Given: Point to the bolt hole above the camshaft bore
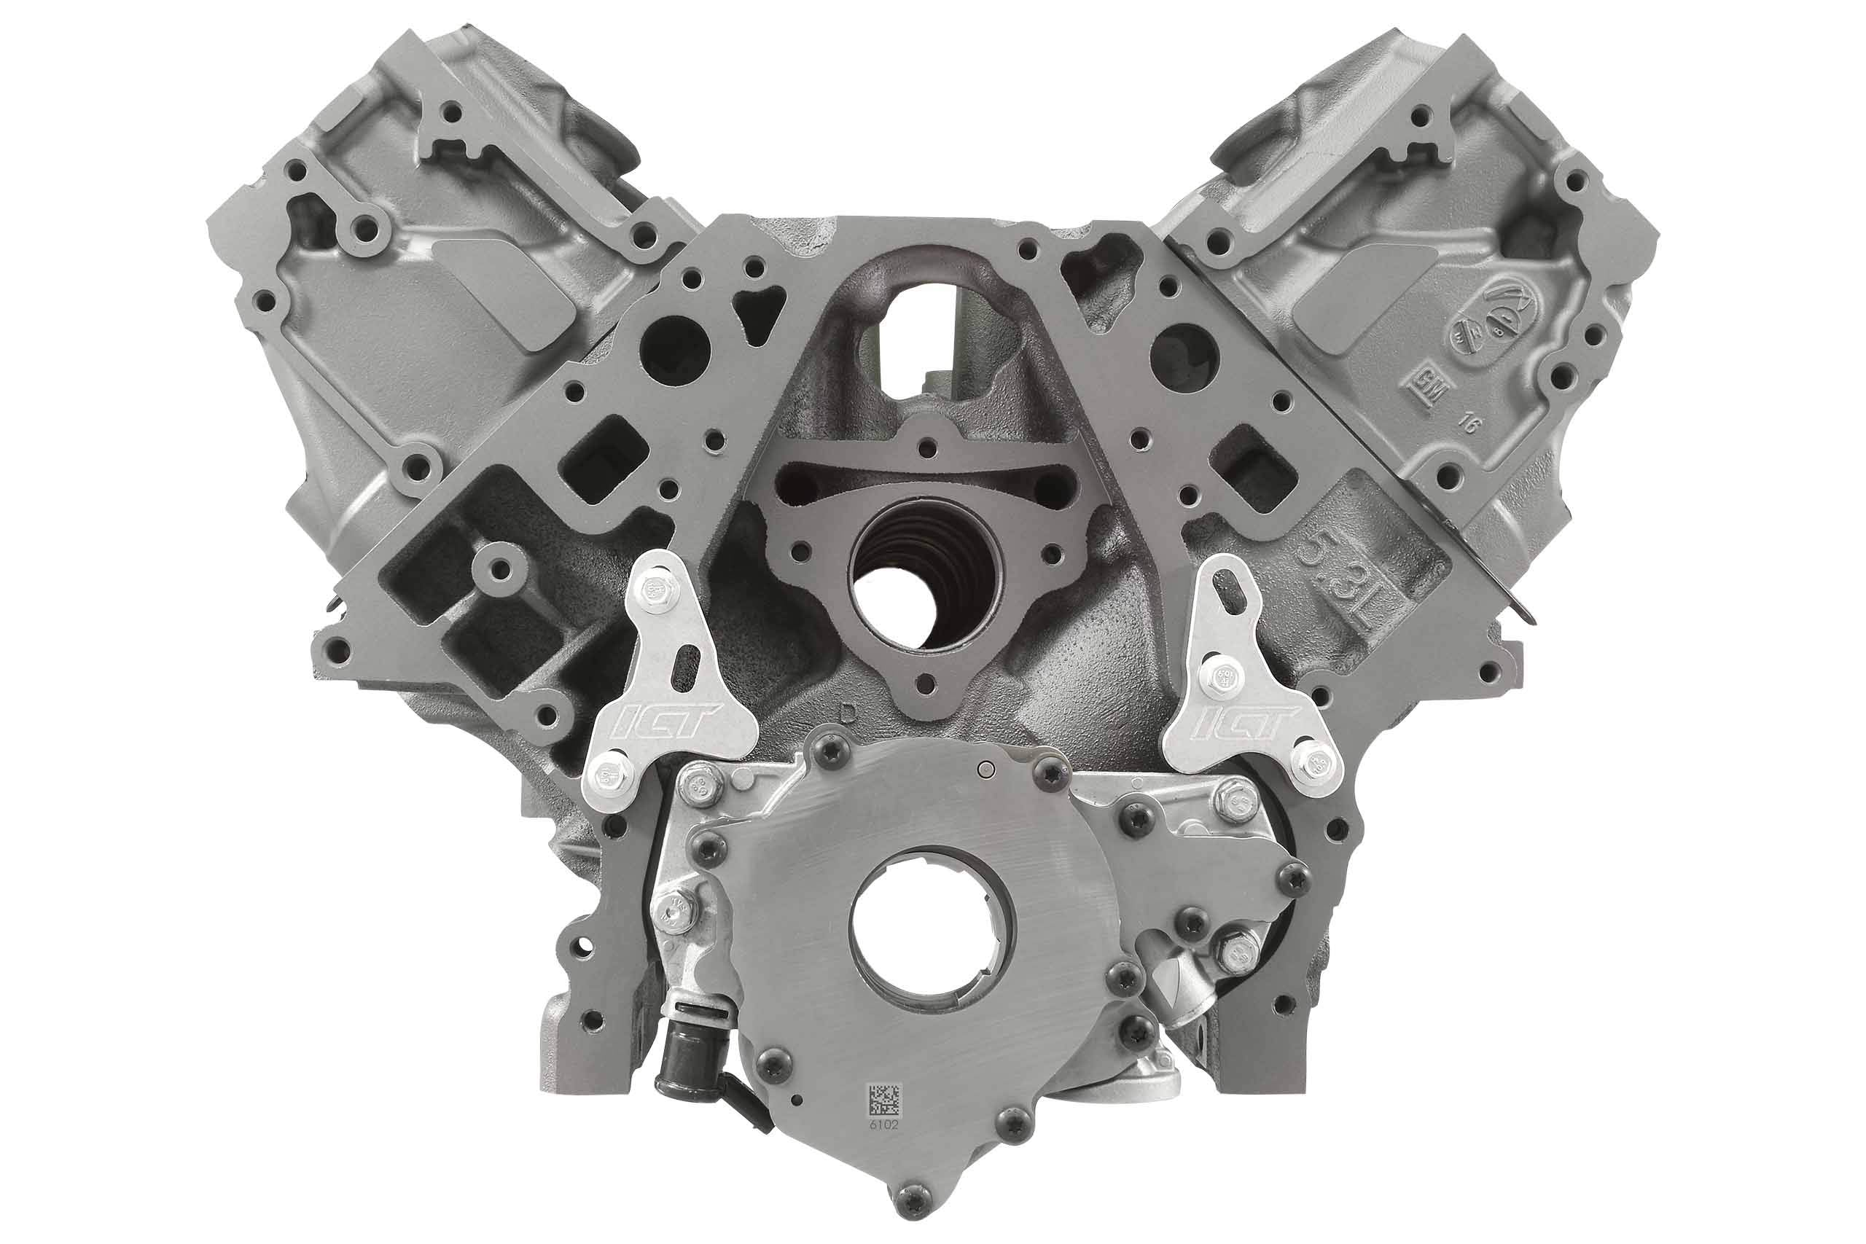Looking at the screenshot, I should point(925,448).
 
